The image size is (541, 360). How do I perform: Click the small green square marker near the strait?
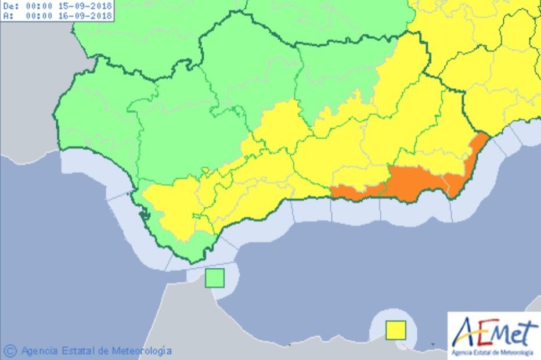(215, 278)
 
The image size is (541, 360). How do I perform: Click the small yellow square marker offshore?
(396, 330)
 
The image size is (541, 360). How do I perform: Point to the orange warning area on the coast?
(418, 183)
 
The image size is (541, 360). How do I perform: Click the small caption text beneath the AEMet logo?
(493, 352)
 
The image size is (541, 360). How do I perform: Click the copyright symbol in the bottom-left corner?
(10, 351)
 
